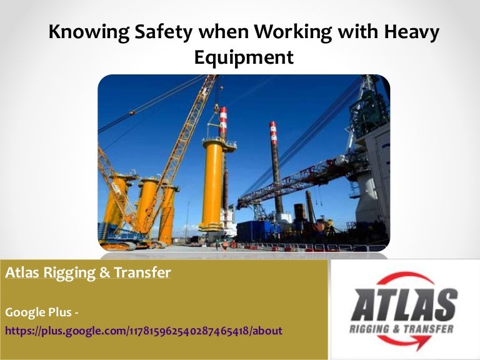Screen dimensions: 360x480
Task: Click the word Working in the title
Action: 289,32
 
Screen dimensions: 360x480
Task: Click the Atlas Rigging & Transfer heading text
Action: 87,273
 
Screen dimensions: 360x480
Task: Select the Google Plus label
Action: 41,311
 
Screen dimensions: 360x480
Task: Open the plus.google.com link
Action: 144,330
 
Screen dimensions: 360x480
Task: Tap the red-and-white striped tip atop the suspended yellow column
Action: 222,122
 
